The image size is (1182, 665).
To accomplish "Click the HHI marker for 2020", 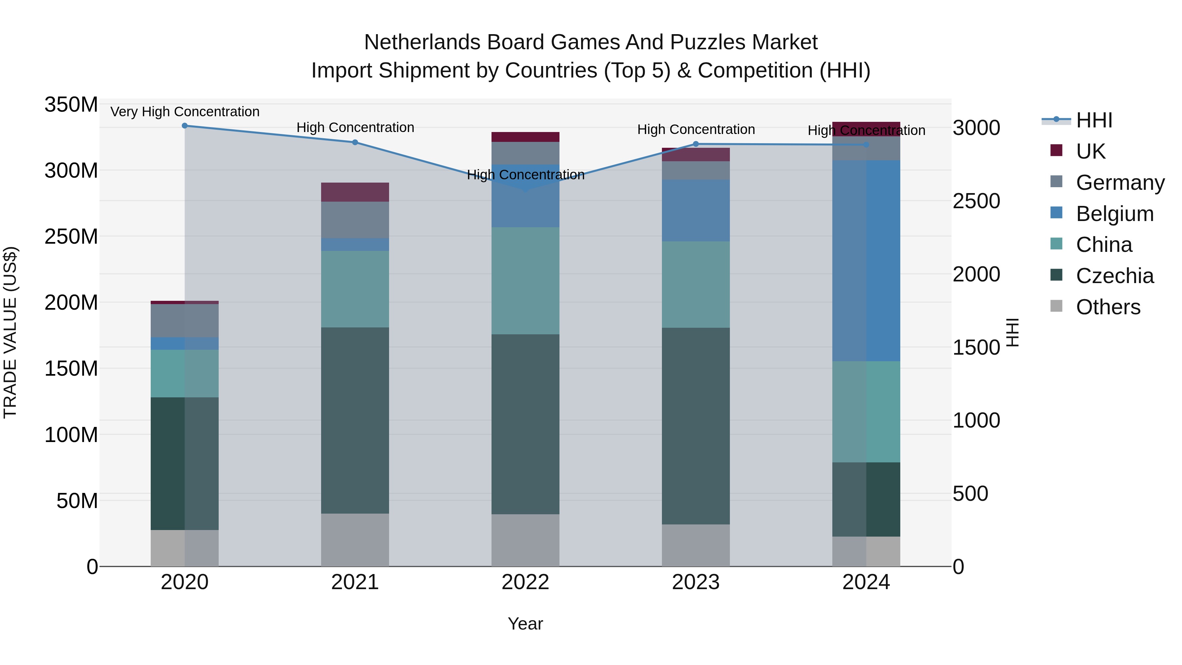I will click(x=185, y=126).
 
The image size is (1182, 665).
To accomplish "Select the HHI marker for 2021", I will click(x=355, y=142).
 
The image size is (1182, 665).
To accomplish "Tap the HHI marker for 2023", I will click(x=696, y=144).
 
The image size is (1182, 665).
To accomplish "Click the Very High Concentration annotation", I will click(x=185, y=112).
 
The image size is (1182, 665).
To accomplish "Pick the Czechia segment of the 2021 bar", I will click(x=355, y=420).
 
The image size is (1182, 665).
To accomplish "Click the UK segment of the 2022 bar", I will click(x=525, y=137).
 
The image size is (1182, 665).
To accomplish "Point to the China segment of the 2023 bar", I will click(x=696, y=284).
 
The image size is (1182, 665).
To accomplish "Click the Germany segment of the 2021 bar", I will click(x=355, y=220).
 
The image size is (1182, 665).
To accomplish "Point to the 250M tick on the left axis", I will click(x=71, y=237).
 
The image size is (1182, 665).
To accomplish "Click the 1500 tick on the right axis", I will click(x=976, y=347).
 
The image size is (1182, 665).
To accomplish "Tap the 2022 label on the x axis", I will click(x=525, y=582).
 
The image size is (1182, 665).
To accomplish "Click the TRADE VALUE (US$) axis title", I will click(x=11, y=332).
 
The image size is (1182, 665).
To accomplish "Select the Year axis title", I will click(x=525, y=624).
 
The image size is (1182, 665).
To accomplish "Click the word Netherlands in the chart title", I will click(x=422, y=42).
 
